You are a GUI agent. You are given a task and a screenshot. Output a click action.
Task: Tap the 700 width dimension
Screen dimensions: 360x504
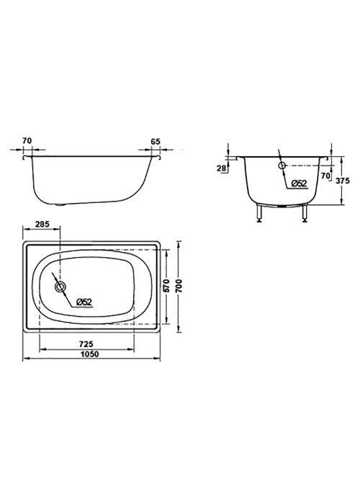pos(179,285)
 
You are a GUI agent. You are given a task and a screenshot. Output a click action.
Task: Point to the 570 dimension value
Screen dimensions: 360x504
pos(166,285)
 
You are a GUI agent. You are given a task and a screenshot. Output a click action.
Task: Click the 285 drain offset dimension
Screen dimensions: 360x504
pos(42,224)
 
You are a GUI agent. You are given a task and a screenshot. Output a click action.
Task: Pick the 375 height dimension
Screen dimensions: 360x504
pos(342,181)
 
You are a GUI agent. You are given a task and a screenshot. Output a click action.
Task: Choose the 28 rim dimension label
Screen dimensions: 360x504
pos(222,168)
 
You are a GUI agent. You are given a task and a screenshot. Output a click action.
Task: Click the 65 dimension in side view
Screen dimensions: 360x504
pos(156,141)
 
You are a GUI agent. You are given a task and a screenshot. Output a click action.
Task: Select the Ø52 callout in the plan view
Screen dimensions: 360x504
pos(84,302)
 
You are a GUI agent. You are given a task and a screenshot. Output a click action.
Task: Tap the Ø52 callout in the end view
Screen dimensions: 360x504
pos(300,184)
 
